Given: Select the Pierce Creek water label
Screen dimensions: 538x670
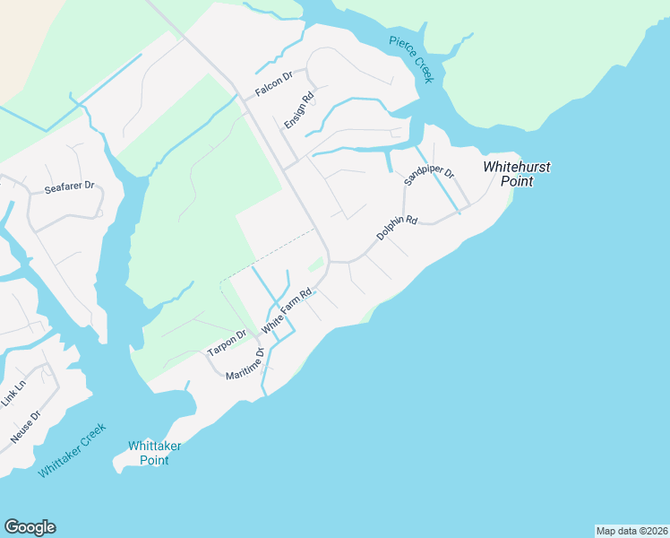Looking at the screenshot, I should (412, 59).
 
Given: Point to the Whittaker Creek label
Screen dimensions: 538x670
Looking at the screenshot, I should (73, 450).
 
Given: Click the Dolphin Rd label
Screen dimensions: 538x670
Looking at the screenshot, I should (397, 227).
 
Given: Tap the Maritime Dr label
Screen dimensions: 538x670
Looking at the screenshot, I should (245, 362).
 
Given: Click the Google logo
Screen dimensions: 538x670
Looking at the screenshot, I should (30, 527).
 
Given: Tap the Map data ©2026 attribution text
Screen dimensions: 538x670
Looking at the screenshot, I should (631, 531).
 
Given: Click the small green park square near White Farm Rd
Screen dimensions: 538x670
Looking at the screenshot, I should (315, 265).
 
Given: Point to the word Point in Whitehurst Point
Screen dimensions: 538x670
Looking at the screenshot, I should (517, 181).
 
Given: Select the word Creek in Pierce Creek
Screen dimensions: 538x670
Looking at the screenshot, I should (422, 71).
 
